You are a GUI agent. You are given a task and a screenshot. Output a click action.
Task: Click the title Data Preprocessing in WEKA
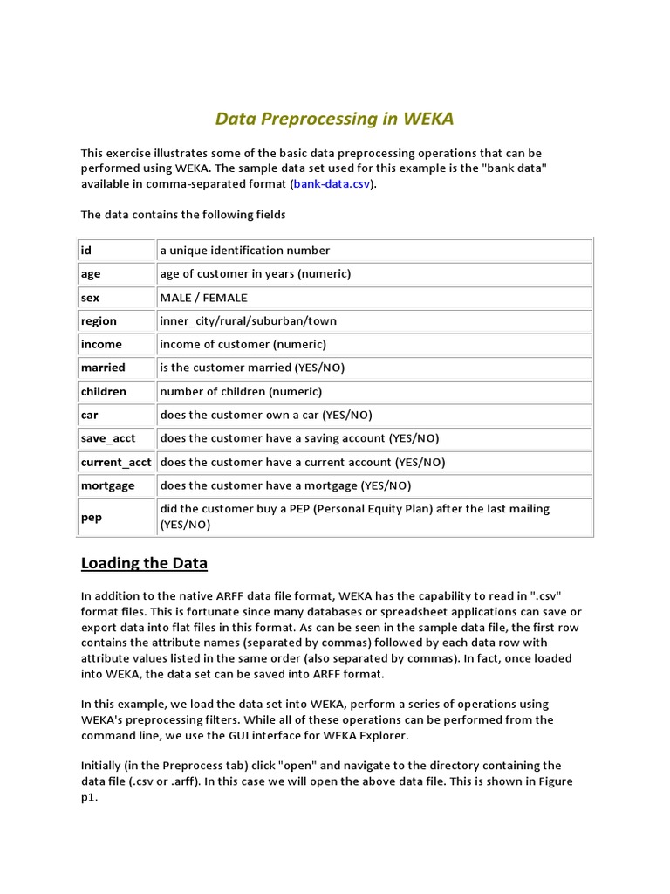click(334, 119)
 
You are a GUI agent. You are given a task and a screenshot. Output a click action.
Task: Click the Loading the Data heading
click(144, 562)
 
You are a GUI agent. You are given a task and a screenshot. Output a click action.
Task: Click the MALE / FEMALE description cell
click(373, 298)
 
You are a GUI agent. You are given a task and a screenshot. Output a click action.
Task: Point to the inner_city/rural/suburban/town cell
click(373, 321)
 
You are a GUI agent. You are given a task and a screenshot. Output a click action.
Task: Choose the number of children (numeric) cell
click(373, 391)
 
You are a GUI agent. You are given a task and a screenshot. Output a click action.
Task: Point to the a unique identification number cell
click(373, 251)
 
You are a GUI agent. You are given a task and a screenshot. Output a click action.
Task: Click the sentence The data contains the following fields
click(183, 215)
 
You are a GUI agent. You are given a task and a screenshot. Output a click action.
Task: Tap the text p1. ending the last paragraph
click(89, 798)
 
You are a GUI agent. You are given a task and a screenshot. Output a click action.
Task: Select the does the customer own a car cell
click(373, 415)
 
